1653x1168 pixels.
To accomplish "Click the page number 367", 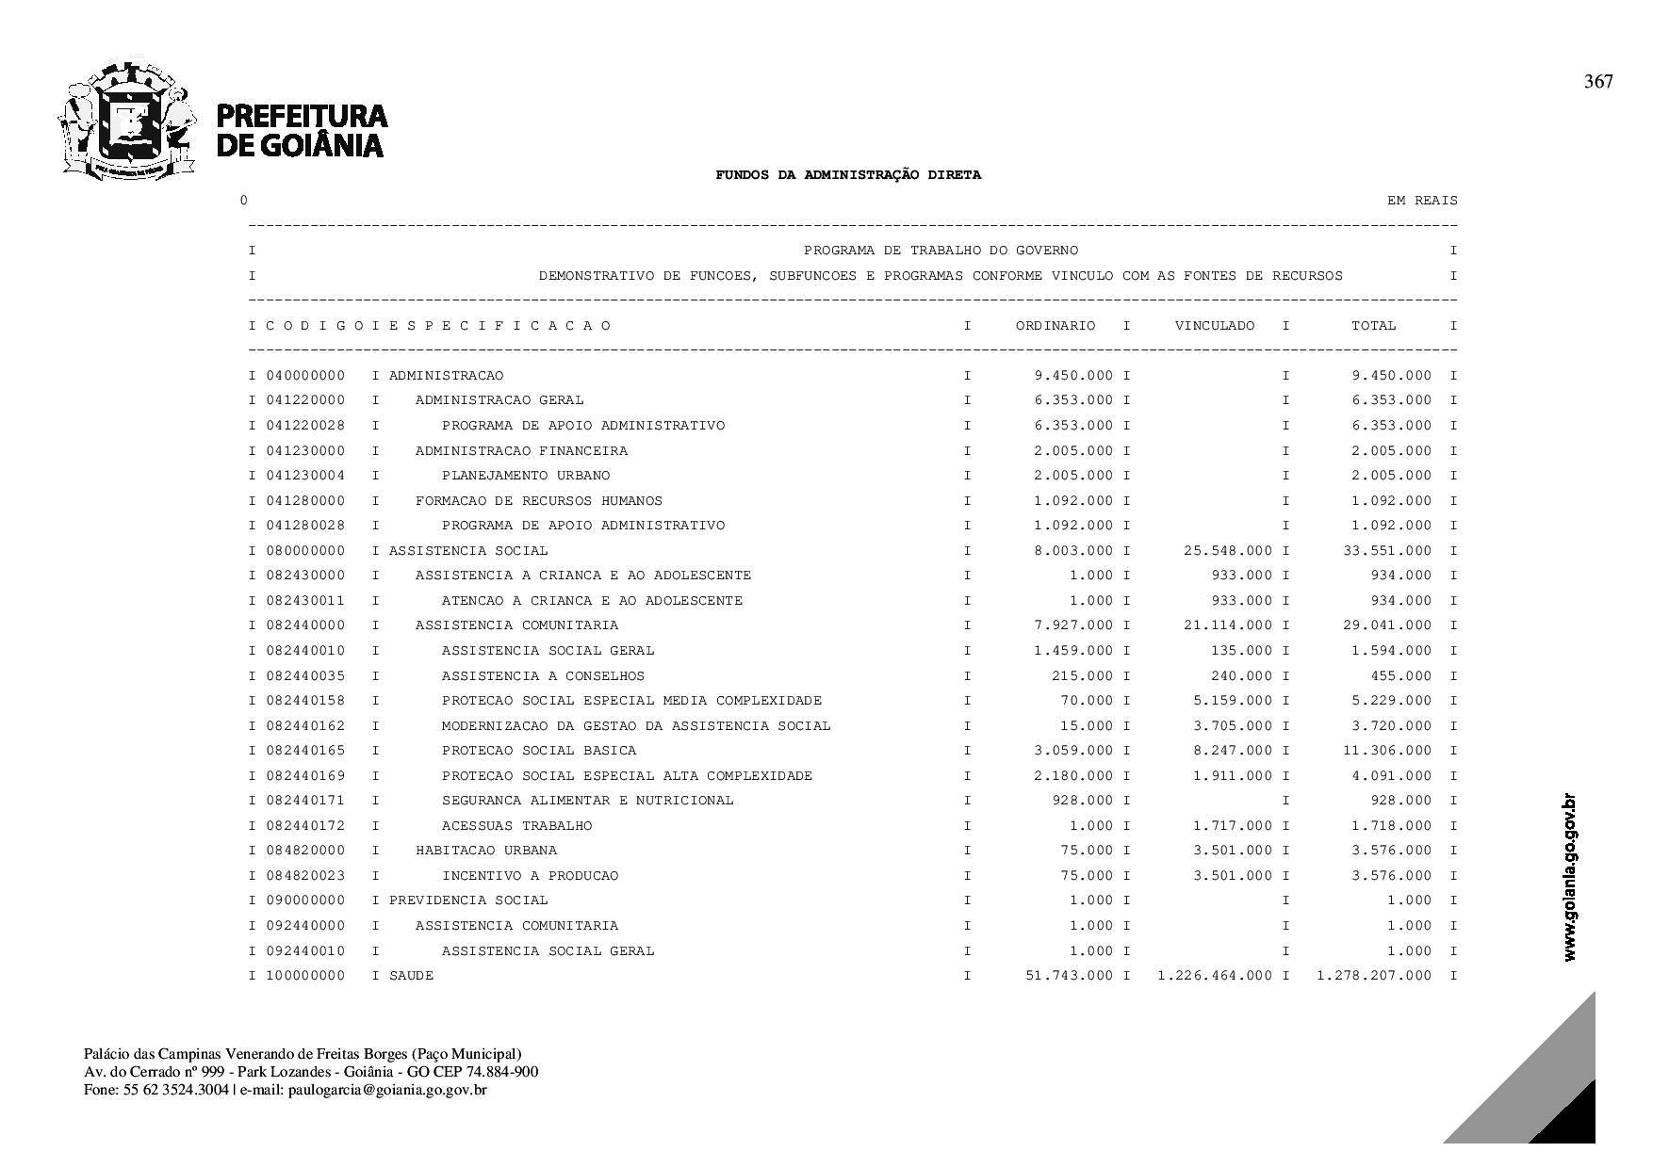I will [x=1598, y=82].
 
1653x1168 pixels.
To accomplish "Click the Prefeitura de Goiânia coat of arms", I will [x=127, y=120].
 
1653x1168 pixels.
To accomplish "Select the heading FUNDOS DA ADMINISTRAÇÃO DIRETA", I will [x=848, y=174].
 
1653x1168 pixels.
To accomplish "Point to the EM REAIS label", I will [x=1422, y=201].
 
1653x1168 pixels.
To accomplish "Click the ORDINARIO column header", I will [x=1056, y=326].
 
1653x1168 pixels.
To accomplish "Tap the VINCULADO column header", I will [x=1215, y=326].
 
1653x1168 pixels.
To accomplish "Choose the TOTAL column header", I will [x=1374, y=326].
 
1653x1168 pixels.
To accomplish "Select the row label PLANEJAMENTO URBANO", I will [x=526, y=476].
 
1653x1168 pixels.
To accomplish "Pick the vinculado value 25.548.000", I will [x=1227, y=551].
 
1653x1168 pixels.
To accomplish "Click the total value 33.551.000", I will [x=1386, y=551].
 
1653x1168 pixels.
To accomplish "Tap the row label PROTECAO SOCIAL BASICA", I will [x=539, y=751].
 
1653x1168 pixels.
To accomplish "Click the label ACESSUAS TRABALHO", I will [x=516, y=826].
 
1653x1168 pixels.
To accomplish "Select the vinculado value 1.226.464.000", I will [x=1215, y=976].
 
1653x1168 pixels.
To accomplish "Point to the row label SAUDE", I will [x=411, y=976].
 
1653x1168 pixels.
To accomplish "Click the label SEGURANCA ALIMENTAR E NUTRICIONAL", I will [x=587, y=801].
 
